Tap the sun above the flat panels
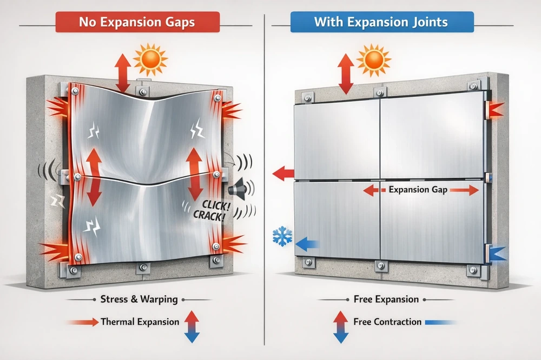pos(374,60)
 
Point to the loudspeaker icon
pos(236,188)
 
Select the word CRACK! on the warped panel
pos(209,216)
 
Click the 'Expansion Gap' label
pos(418,190)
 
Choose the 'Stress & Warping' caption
pos(139,299)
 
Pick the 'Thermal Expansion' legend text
pos(140,322)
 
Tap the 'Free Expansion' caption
pos(386,299)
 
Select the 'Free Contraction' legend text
pos(387,322)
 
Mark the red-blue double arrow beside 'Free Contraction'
pos(340,326)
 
